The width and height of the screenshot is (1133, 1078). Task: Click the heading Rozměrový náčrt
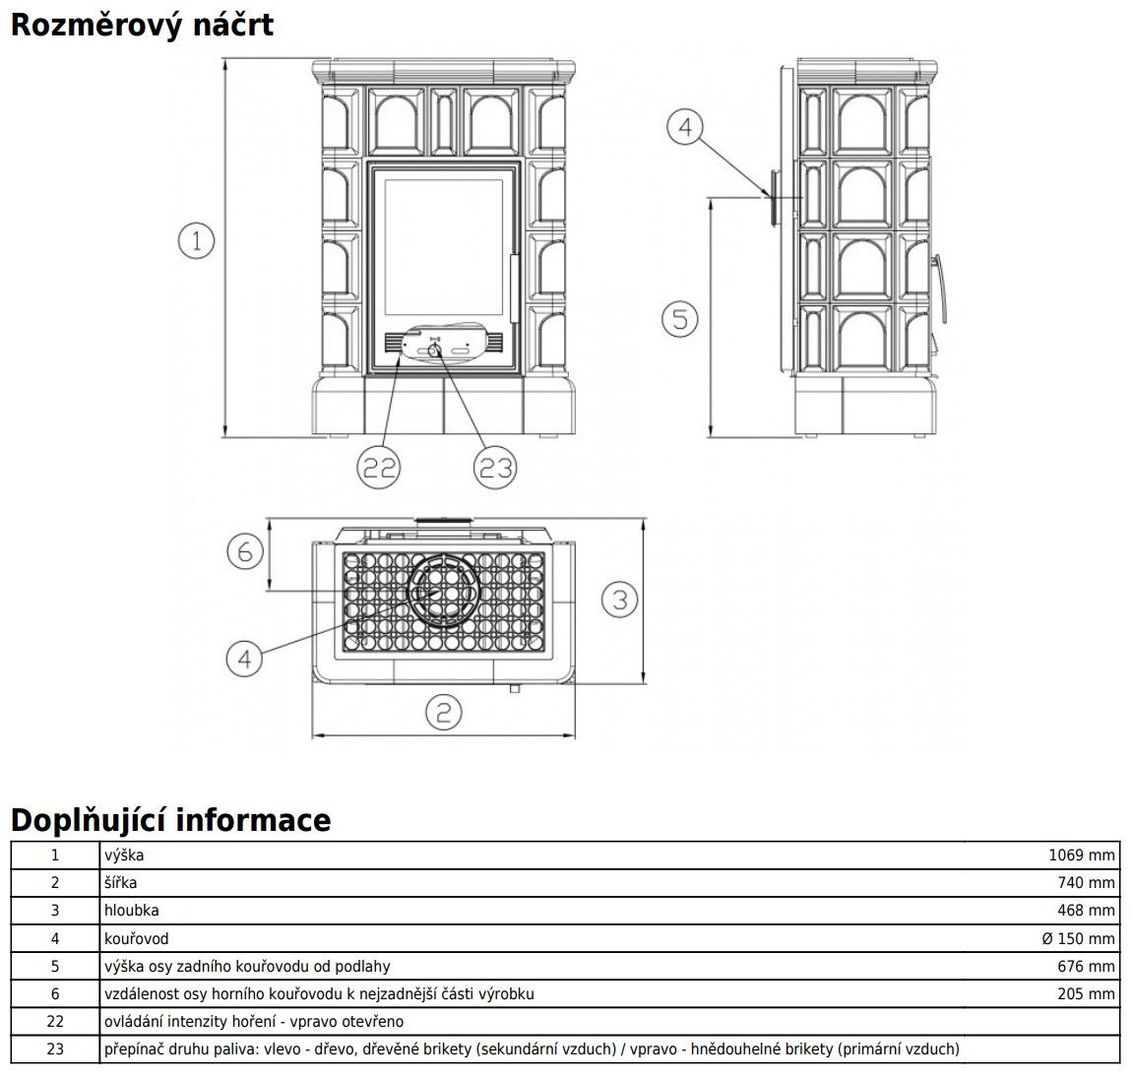(x=142, y=24)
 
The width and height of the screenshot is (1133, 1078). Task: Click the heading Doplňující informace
(x=171, y=819)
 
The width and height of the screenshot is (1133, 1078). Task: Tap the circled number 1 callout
(x=197, y=240)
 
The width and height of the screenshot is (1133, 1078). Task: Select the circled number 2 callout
(x=443, y=711)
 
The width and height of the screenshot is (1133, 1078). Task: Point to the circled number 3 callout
(x=618, y=599)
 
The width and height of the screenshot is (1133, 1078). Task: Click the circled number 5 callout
(x=678, y=318)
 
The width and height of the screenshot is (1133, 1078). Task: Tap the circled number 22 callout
(x=378, y=469)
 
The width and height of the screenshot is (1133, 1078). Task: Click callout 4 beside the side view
(x=686, y=127)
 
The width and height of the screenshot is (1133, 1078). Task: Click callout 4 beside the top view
(x=245, y=657)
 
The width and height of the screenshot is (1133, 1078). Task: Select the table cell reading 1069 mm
(x=1081, y=856)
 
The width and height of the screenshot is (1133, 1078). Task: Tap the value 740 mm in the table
(x=1087, y=883)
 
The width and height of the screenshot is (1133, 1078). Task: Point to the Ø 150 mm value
(x=1078, y=939)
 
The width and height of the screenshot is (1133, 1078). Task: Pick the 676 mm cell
(x=1087, y=967)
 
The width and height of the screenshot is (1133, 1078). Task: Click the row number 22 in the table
(x=55, y=1022)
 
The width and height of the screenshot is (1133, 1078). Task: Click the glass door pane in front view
(x=443, y=246)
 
